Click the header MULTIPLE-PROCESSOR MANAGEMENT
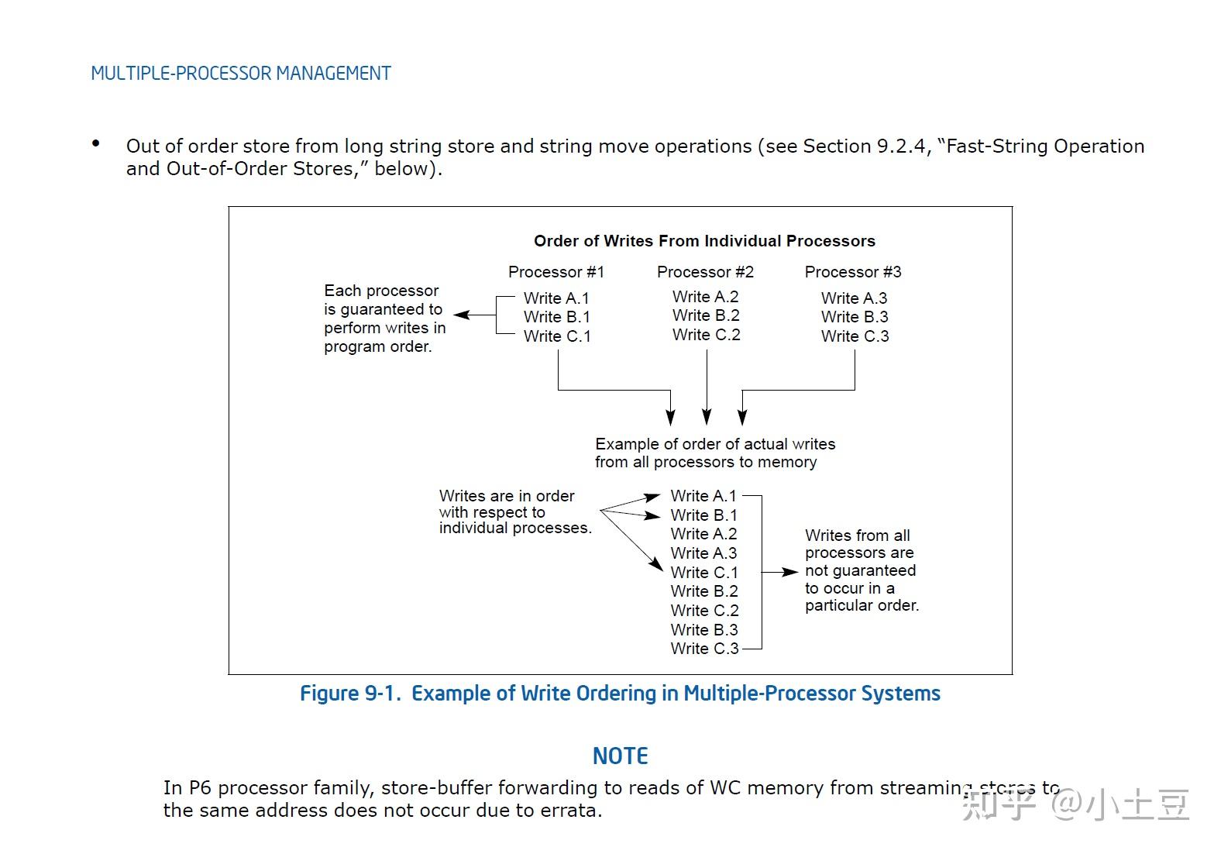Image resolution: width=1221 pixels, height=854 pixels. click(x=240, y=74)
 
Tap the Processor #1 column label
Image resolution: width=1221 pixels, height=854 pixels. click(x=555, y=272)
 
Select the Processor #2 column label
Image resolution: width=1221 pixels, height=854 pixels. click(x=705, y=272)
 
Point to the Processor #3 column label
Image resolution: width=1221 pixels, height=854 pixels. click(x=853, y=272)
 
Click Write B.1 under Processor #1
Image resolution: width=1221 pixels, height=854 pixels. click(x=556, y=317)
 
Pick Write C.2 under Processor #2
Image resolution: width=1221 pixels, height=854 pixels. click(x=706, y=335)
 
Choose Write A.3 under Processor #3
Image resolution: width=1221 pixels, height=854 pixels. click(x=855, y=298)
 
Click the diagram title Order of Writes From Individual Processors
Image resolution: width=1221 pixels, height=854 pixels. click(x=704, y=241)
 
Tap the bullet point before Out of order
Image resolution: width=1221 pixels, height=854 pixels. click(x=96, y=143)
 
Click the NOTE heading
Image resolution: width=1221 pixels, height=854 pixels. click(x=620, y=756)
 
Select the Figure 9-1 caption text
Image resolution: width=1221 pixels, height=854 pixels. click(x=620, y=693)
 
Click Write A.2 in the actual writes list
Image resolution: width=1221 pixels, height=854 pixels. click(x=703, y=534)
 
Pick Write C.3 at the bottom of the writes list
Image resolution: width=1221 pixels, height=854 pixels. click(x=704, y=649)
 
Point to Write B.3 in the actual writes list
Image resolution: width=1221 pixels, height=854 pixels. click(x=703, y=630)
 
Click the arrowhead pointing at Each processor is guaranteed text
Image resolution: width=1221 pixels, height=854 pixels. click(x=460, y=315)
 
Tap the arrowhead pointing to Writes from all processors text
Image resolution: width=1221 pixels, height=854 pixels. click(x=791, y=572)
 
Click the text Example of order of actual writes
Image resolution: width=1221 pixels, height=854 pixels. click(x=715, y=444)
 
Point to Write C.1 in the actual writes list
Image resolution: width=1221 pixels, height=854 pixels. click(x=703, y=573)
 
